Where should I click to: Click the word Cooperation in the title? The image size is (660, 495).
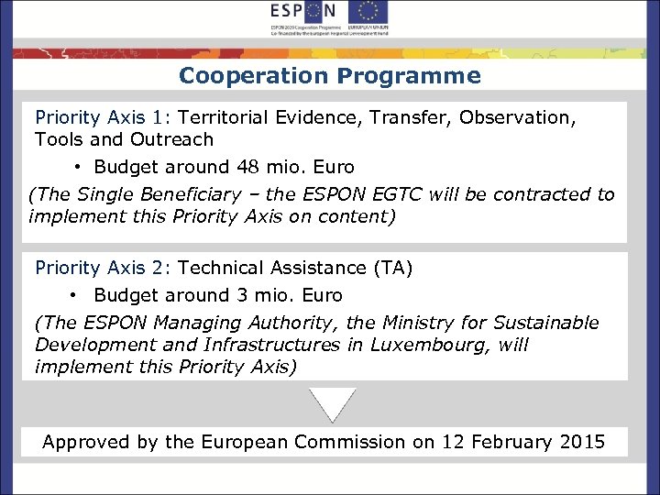pyautogui.click(x=254, y=76)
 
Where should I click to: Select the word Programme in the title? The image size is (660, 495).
pyautogui.click(x=409, y=76)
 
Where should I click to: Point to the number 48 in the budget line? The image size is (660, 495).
pyautogui.click(x=248, y=168)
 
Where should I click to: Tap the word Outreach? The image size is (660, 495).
pyautogui.click(x=171, y=140)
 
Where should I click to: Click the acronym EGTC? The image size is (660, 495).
pyautogui.click(x=428, y=194)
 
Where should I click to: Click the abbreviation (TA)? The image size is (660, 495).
pyautogui.click(x=392, y=268)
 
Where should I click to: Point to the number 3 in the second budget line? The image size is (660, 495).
pyautogui.click(x=242, y=295)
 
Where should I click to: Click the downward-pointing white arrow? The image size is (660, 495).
pyautogui.click(x=332, y=404)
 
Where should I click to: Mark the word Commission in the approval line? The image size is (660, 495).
pyautogui.click(x=349, y=442)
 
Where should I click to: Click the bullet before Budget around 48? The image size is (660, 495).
pyautogui.click(x=80, y=168)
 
